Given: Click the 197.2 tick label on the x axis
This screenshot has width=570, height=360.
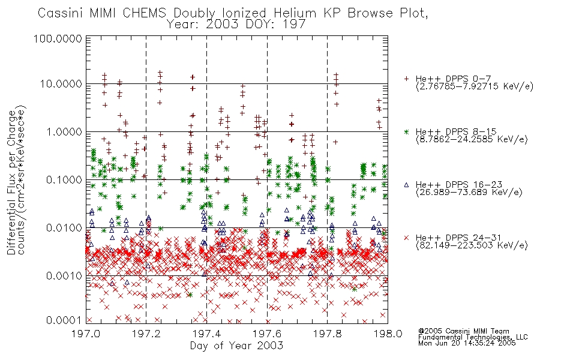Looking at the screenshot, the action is coord(146,334).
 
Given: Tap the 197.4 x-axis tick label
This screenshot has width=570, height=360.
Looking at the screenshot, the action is coord(206,334).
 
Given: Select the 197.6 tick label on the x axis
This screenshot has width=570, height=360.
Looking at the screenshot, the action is coord(267,334).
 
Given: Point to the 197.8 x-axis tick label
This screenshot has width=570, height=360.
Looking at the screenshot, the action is coord(327,334).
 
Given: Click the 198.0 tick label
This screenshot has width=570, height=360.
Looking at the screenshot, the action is coord(388,334).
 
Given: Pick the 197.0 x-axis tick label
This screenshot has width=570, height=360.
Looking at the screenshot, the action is coord(86,334).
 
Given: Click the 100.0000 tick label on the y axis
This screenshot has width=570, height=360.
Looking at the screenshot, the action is coord(58,38).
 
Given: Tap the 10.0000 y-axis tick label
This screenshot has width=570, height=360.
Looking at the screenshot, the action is coord(61,84).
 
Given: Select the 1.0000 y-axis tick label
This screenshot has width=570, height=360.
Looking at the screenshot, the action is coord(64,131).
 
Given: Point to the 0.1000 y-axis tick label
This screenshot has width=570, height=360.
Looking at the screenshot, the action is coord(64,179).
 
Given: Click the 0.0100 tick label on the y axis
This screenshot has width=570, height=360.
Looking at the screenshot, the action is coord(64,228).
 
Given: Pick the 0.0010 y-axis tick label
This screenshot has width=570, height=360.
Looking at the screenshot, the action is coord(64,275).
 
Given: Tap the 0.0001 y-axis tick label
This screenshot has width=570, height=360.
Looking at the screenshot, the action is coord(64,320).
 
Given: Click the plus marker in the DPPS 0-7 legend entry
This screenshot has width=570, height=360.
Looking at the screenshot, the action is coord(406,79).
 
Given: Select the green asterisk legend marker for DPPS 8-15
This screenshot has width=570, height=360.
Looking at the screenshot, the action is coord(406,131).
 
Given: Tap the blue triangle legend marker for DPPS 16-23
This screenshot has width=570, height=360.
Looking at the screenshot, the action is coord(406,185).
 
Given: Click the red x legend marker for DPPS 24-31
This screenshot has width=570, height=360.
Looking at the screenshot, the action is coord(406,238).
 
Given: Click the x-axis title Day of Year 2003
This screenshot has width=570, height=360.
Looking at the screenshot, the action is coord(236,345).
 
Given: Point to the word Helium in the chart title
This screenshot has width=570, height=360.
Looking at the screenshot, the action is coord(295,13).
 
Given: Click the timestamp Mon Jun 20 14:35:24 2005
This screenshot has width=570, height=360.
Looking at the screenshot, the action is coord(467,343).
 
